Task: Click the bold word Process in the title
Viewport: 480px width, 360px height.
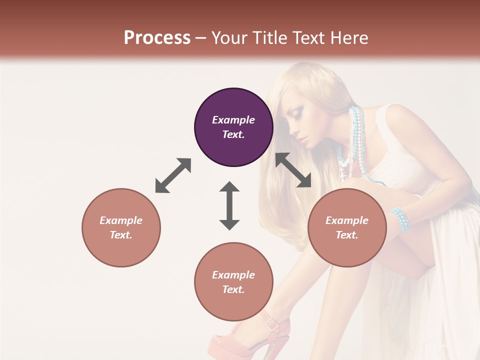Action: coord(157,37)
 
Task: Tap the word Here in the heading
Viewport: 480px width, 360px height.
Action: coord(349,37)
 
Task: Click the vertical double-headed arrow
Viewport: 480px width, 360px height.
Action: coord(229,205)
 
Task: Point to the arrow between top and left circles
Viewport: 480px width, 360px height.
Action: coord(173,175)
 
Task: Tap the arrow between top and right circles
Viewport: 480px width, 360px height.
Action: coord(293,170)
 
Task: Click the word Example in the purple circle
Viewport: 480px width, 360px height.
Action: coord(233,120)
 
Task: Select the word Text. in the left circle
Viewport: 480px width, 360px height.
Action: coord(121,235)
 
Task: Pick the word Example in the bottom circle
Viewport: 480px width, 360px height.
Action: coord(233,275)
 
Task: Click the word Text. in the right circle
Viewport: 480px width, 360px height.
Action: coord(347,235)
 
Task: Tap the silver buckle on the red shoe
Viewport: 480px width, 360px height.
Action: coord(272,323)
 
